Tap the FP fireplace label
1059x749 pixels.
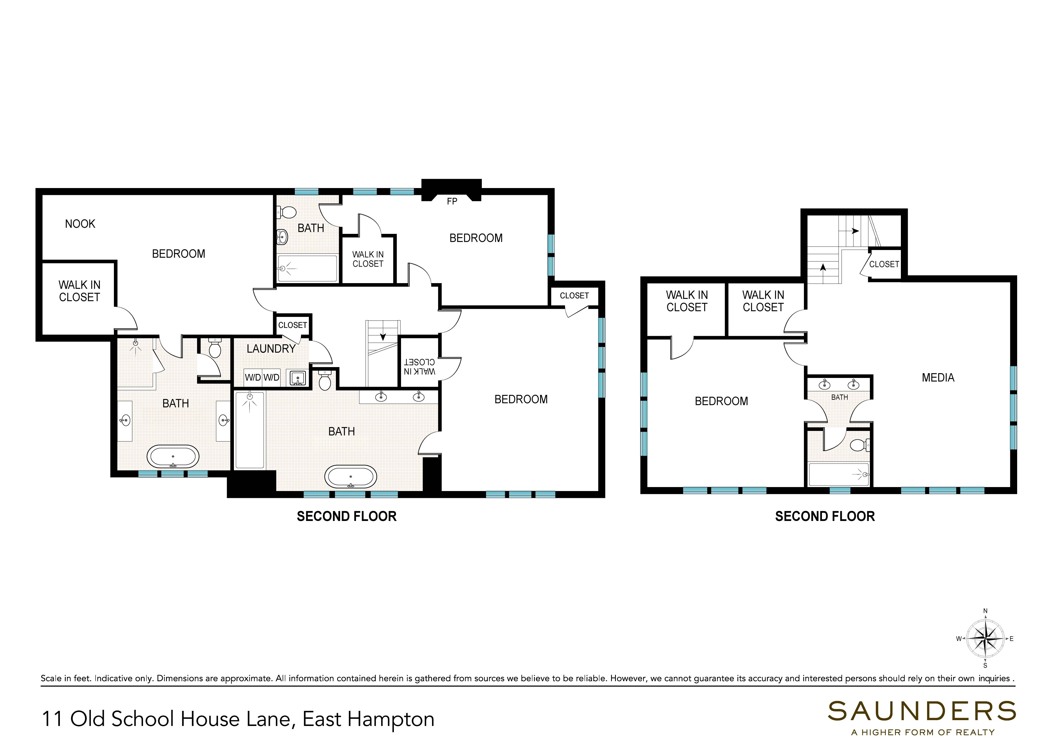click(452, 202)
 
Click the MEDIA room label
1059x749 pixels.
click(938, 378)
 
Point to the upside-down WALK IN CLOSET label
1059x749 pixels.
click(419, 367)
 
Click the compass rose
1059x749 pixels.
click(985, 639)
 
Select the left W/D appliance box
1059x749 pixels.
click(253, 377)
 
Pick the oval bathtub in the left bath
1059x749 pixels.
click(173, 457)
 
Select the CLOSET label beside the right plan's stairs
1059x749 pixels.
click(884, 264)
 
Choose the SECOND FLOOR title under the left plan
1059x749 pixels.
click(346, 516)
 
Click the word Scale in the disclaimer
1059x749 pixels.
click(51, 679)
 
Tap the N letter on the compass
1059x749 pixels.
click(985, 612)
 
